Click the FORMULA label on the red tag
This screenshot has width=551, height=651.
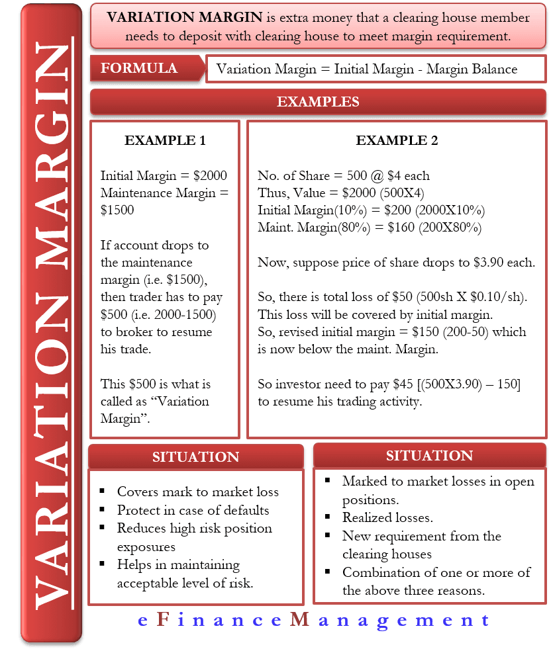[139, 68]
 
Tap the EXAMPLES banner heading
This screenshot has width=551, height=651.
[318, 102]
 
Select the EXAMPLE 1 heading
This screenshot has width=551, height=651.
[165, 140]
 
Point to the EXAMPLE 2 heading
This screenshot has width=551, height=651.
[397, 140]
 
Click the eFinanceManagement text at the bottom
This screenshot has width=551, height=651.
[315, 621]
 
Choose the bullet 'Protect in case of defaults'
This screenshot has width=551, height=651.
[193, 510]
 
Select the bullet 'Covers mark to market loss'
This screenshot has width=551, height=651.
[197, 492]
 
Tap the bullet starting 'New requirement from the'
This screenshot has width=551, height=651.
[421, 536]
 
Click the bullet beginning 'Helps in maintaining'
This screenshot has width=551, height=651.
[178, 565]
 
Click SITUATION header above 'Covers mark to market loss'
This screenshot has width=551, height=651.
[195, 456]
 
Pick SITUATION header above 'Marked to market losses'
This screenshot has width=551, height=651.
[429, 455]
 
